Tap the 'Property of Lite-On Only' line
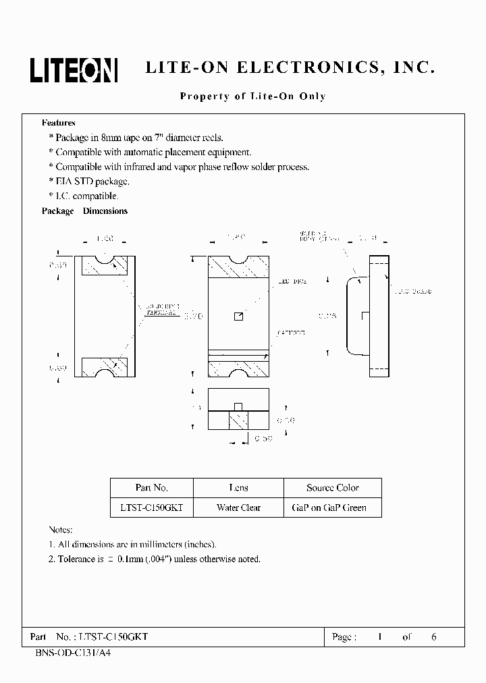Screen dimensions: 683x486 point(252,97)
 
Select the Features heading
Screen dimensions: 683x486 point(59,123)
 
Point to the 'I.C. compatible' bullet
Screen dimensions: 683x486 point(84,196)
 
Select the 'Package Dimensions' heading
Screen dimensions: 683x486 point(84,211)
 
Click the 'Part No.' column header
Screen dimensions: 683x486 point(151,488)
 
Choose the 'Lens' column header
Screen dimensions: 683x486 point(238,488)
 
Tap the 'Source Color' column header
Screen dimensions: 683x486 point(332,488)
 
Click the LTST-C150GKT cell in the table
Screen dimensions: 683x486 point(151,508)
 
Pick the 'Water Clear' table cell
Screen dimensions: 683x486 point(238,508)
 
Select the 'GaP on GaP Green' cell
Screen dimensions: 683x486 point(332,508)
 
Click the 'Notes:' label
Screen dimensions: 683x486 point(61,530)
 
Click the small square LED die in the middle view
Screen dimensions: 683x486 point(238,317)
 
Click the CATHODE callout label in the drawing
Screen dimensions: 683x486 point(292,333)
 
